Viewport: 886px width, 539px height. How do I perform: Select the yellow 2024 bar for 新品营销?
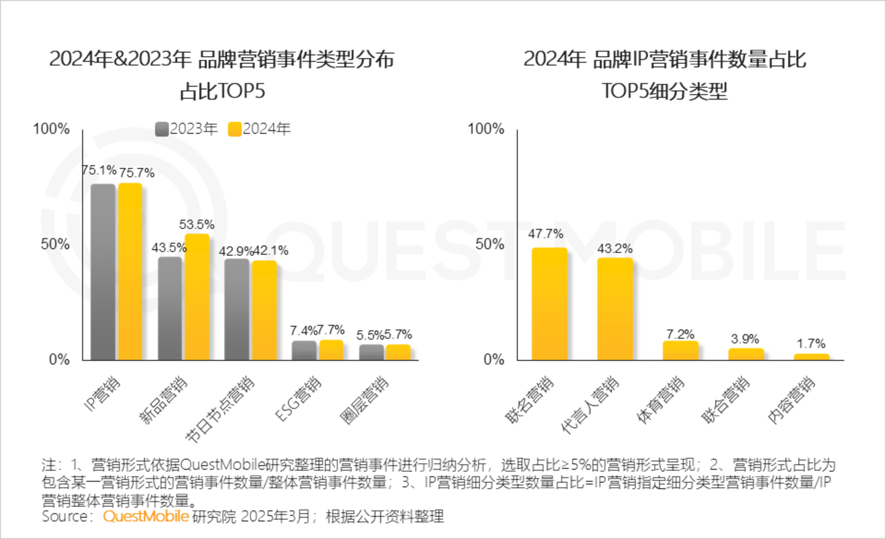[197, 297]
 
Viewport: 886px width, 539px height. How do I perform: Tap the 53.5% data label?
[197, 225]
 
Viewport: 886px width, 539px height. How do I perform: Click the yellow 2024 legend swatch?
[234, 129]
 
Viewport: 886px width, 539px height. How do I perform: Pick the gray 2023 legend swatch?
[162, 129]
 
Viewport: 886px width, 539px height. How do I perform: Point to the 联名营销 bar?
[549, 303]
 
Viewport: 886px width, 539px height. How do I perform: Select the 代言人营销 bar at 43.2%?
[615, 308]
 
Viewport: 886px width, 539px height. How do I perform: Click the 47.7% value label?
[546, 234]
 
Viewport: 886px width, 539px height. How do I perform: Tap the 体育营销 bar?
[680, 350]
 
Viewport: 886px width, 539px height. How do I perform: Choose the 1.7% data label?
[811, 343]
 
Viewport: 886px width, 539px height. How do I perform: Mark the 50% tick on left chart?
[55, 244]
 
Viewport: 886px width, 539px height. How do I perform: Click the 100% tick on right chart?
[486, 129]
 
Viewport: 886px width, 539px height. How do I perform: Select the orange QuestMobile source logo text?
[146, 516]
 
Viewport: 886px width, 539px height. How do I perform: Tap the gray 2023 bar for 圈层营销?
[372, 352]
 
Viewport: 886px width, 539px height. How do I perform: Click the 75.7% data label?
[137, 173]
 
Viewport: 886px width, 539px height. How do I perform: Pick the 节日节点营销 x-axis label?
[220, 409]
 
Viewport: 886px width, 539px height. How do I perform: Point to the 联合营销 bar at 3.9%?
[746, 354]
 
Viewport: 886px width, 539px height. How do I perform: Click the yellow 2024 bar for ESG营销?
[331, 349]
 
